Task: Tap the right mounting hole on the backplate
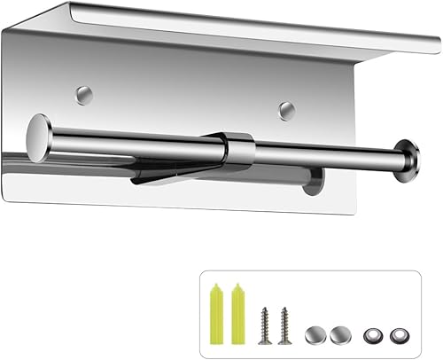click(x=285, y=110)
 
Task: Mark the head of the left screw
click(x=265, y=311)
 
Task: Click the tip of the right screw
click(x=284, y=341)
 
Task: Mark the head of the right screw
click(x=283, y=311)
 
